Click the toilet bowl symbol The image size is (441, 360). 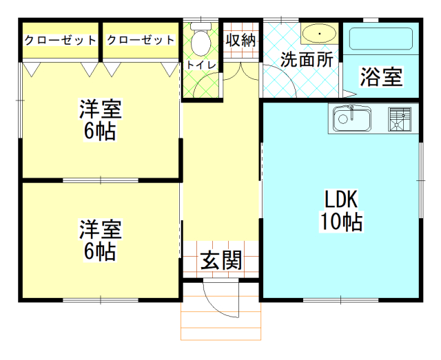(201, 41)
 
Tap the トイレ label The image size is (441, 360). (201, 65)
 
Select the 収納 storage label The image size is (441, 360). (240, 40)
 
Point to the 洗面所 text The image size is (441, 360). (306, 59)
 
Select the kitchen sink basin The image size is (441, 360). (351, 119)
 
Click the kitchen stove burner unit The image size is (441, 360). (399, 119)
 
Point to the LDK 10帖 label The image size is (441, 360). (340, 211)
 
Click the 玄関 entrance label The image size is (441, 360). (220, 261)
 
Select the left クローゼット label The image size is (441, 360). (60, 41)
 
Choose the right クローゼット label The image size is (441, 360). (141, 41)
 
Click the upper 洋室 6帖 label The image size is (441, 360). (101, 119)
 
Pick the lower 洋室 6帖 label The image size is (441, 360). (101, 240)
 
